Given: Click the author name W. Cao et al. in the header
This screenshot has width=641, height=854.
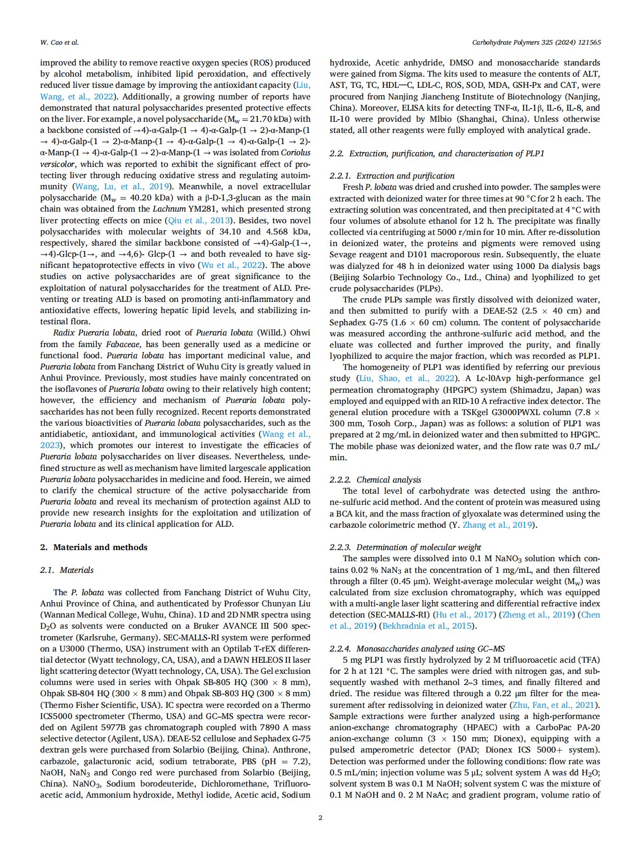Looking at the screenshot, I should [x=59, y=43].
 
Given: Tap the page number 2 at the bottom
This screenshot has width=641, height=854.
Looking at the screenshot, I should [x=320, y=817].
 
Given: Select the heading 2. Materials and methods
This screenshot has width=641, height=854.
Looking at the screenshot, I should [x=93, y=547].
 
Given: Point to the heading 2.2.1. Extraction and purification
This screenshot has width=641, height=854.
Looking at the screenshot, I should [x=392, y=176].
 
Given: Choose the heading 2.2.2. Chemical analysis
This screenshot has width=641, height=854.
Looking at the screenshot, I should [x=375, y=480].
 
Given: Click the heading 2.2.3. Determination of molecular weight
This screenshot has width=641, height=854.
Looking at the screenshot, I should [x=405, y=547].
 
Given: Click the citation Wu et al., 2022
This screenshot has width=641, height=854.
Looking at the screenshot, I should [x=232, y=265].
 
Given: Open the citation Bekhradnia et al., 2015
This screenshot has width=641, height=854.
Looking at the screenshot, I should [x=428, y=626].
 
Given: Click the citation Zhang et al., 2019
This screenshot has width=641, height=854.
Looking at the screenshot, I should [x=497, y=525].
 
